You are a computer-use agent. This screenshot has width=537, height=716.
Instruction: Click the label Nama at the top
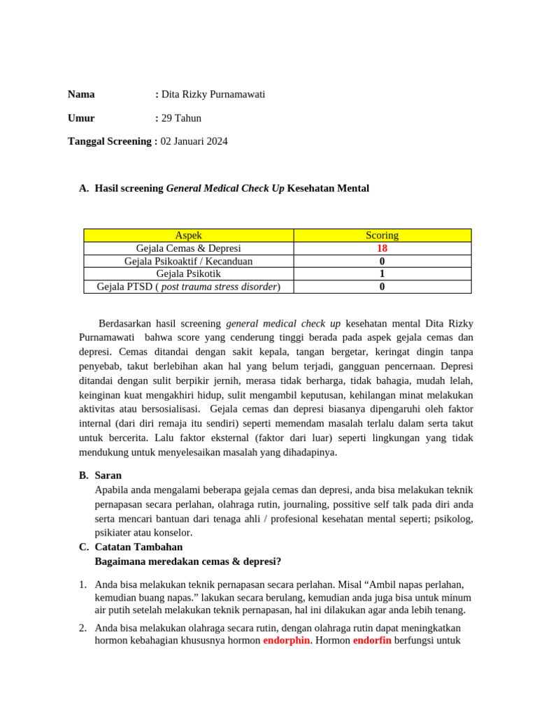(81, 94)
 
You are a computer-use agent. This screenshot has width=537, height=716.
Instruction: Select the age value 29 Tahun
(181, 118)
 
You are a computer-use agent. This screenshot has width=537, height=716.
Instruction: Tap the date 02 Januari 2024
(194, 141)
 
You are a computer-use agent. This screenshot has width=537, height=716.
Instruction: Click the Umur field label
(81, 118)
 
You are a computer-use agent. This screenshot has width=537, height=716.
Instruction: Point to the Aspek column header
(188, 236)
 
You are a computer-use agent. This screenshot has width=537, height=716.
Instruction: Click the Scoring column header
(382, 236)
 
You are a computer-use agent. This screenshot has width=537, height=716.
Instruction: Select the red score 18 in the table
(382, 248)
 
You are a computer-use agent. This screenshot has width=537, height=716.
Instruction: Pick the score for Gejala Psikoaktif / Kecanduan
(382, 261)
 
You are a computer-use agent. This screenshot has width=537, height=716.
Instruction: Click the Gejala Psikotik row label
(188, 273)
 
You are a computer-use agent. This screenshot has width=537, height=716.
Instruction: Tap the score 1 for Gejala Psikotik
(382, 273)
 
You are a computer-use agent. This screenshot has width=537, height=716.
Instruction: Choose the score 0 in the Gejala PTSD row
(382, 287)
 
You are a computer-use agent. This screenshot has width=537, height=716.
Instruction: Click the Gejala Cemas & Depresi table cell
(188, 248)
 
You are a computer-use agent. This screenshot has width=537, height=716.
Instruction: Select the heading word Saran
(108, 475)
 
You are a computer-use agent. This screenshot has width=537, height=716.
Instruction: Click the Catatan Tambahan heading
(138, 547)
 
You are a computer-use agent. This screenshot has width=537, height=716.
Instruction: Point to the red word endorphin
(286, 640)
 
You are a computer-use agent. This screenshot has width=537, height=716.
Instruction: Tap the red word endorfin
(372, 640)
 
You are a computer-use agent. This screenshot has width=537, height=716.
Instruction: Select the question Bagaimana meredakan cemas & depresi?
(187, 561)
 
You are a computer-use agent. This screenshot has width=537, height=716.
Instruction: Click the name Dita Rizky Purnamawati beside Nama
(213, 94)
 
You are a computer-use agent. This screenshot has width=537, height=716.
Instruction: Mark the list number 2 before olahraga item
(82, 628)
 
